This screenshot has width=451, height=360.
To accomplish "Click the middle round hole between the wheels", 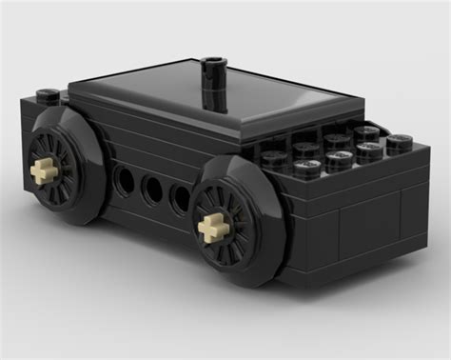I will [151, 189].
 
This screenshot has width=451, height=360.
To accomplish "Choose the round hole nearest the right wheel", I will [180, 198].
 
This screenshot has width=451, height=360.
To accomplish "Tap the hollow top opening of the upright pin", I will [214, 64].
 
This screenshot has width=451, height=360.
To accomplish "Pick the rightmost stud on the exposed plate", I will [399, 143].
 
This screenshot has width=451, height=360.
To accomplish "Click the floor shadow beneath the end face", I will [381, 286].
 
